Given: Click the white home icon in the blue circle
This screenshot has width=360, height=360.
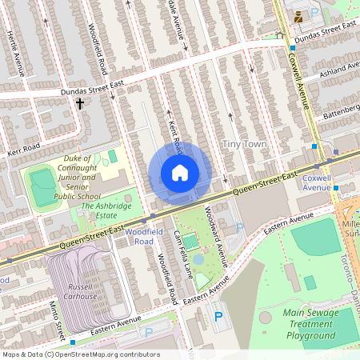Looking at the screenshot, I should click(180, 173).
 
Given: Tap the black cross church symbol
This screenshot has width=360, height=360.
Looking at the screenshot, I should click(79, 103).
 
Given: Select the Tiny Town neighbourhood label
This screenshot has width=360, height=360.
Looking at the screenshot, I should click(244, 144).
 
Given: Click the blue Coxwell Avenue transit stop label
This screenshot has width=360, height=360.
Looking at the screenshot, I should click(316, 182).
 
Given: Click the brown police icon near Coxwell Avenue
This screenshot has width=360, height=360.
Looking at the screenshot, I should click(298, 15).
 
